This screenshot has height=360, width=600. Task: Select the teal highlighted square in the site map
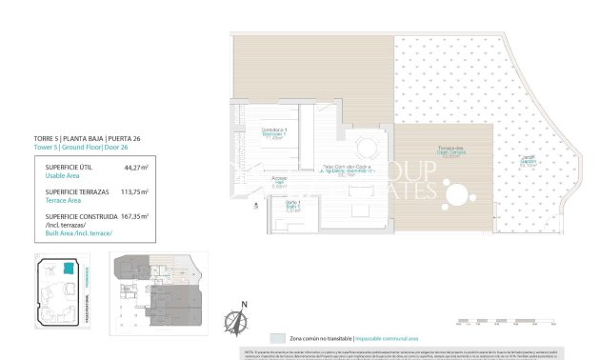coord(68,270)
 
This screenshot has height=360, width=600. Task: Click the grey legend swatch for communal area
coord(276,338)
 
